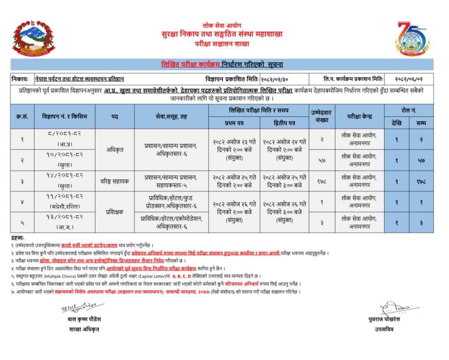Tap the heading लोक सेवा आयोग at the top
tap(222, 26)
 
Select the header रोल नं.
tap(409, 110)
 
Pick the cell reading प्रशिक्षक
tap(114, 212)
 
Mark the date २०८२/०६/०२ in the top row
tap(409, 79)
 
